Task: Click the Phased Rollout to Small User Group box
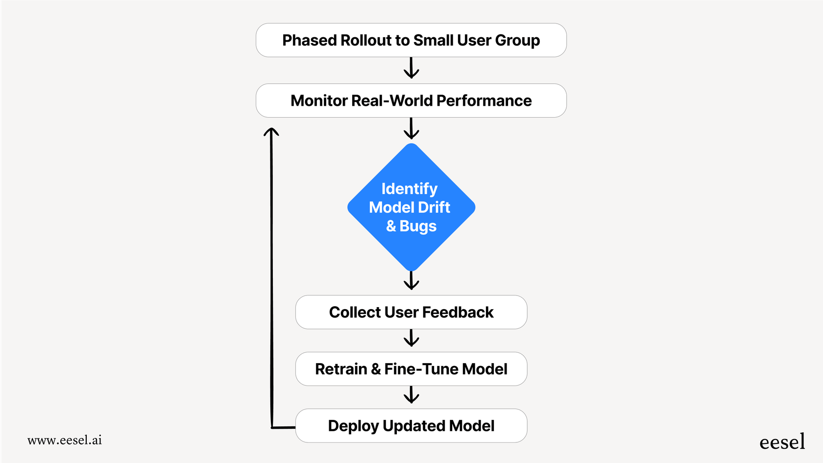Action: pos(411,40)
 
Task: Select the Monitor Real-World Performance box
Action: pos(411,100)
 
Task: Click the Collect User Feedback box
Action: pos(411,312)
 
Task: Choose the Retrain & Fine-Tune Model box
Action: pos(411,369)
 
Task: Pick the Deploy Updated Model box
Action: pos(411,426)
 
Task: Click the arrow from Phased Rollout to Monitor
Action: pos(411,68)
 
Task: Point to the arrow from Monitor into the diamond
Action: pos(411,128)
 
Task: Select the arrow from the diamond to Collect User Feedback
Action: pos(411,280)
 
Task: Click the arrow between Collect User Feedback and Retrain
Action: pos(411,338)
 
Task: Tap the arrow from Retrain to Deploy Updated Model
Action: pos(411,394)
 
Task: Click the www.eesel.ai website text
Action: pos(65,440)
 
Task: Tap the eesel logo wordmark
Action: pos(782,442)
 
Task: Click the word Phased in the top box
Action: pos(309,40)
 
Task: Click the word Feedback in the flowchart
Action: pos(458,312)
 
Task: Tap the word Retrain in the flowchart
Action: pos(341,369)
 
